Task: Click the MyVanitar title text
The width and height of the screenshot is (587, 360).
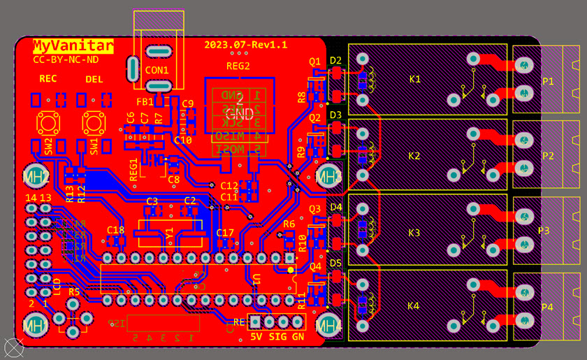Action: [x=73, y=47]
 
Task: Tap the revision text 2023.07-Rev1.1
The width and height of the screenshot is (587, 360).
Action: [x=245, y=45]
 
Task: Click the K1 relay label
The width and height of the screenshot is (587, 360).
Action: [x=414, y=79]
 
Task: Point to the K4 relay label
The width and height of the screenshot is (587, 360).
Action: [x=413, y=306]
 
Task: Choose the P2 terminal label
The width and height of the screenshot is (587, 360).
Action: [x=548, y=156]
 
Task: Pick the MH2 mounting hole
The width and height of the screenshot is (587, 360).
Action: [x=36, y=175]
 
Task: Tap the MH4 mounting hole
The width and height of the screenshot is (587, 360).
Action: [x=328, y=324]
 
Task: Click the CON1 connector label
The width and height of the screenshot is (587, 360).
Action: [x=157, y=71]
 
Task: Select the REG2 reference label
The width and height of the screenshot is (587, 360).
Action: [x=238, y=66]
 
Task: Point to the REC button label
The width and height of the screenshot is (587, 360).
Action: [x=48, y=79]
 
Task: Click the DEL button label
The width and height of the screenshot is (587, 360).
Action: [x=94, y=79]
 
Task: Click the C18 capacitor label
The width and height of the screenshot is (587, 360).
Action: [x=115, y=230]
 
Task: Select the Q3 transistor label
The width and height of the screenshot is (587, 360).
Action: [x=315, y=208]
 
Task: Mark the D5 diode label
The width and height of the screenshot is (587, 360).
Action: [x=336, y=263]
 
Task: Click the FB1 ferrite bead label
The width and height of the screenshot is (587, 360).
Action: [x=145, y=102]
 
